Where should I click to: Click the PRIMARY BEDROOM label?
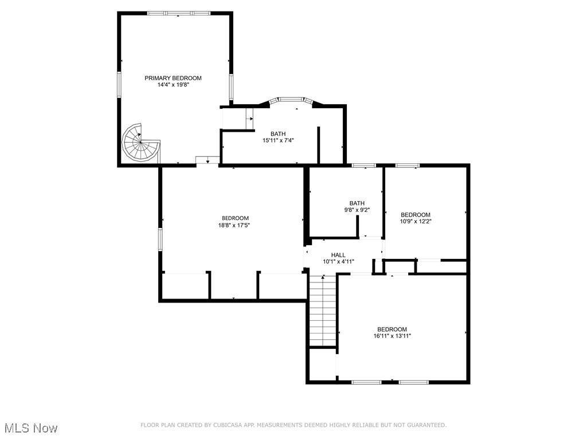coord(173,78)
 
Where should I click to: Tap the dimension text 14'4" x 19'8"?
coord(173,85)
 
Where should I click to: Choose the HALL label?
coord(338,255)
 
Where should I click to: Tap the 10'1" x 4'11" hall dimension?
coord(338,262)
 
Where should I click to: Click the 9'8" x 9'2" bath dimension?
coord(357,210)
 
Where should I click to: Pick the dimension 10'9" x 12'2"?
coord(416,221)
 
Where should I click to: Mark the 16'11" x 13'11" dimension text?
coord(392,336)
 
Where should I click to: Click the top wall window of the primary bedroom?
coord(178,13)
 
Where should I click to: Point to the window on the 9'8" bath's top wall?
coord(363,166)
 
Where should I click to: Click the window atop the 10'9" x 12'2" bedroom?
coord(407,166)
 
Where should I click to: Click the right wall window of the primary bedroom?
coord(231,87)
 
